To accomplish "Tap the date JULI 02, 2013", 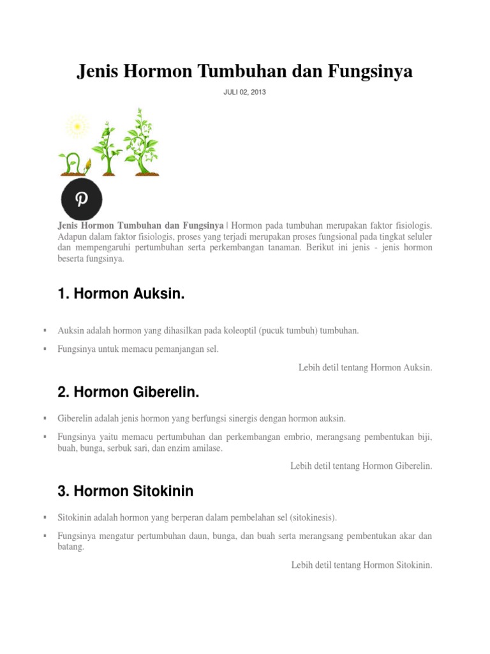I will click(x=244, y=93).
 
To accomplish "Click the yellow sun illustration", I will click(x=77, y=126).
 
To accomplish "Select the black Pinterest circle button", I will click(x=82, y=198).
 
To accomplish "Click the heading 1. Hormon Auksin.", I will click(x=121, y=294).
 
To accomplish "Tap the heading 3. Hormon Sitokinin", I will click(x=125, y=491).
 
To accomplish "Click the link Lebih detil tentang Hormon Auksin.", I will click(x=365, y=367).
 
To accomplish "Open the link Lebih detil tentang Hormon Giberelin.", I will click(x=361, y=466).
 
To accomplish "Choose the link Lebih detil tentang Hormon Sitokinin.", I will click(x=362, y=565).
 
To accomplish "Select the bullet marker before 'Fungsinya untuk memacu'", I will click(x=45, y=349).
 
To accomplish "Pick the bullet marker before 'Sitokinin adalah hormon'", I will click(x=45, y=516).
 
